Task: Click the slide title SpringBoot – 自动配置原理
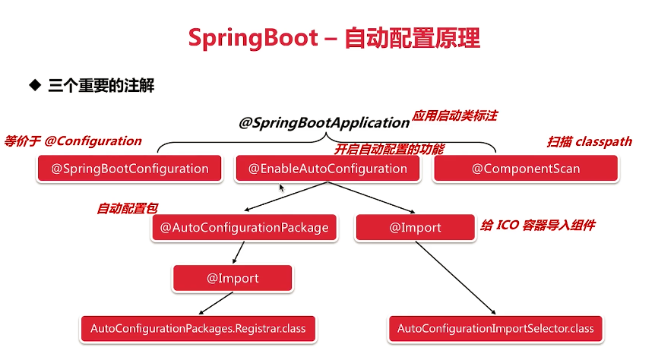334,38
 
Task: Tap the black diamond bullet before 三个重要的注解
35,85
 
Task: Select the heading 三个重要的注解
101,86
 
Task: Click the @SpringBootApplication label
324,122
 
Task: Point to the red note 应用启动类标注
455,115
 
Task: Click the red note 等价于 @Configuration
73,141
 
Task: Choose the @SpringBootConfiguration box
129,169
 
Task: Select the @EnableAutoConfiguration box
328,169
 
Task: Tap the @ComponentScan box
526,169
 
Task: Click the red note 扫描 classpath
590,141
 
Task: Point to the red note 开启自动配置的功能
389,149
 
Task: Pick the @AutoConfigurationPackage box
245,228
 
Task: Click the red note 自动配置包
128,208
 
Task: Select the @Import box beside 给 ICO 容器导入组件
415,228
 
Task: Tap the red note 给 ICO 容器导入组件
538,226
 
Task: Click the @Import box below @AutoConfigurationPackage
233,278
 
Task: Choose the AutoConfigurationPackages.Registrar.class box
198,329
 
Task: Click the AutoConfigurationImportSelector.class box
495,329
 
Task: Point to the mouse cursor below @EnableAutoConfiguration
282,188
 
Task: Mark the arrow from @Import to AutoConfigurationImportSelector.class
456,277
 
